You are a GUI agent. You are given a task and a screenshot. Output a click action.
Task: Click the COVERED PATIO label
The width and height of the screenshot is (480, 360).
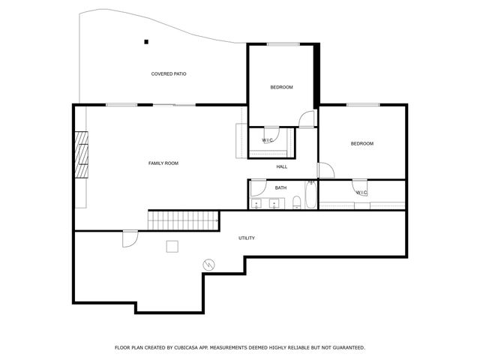point(169,73)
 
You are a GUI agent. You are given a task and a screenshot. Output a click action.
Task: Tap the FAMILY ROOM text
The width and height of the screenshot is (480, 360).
point(163,163)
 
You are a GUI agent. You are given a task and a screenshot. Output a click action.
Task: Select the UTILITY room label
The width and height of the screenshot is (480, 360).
point(246,238)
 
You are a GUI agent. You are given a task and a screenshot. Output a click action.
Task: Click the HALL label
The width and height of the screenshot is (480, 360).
point(281,166)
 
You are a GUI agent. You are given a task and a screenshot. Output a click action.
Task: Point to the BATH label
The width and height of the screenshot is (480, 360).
point(280,187)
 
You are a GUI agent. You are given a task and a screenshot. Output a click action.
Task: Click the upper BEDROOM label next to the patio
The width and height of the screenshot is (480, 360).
point(281,87)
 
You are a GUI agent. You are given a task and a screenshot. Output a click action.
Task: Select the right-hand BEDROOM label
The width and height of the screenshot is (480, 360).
point(361,143)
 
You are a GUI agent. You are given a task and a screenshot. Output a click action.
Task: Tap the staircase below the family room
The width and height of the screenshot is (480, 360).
point(184,220)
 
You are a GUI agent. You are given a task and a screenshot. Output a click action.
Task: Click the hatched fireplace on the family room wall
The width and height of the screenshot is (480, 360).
point(81,154)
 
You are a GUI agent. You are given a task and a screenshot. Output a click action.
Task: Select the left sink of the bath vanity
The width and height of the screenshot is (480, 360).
point(257,202)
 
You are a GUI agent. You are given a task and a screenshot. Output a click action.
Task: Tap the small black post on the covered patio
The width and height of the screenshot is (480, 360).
point(147,41)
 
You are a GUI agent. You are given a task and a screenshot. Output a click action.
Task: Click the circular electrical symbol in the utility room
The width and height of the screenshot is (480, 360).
point(208,264)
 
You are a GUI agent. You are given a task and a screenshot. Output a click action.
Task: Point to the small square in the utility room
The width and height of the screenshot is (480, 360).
point(172,245)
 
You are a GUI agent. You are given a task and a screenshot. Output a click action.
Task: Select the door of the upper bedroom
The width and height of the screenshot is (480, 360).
point(306,120)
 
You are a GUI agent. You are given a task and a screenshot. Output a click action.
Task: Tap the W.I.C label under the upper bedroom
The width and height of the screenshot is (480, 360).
point(267,140)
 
